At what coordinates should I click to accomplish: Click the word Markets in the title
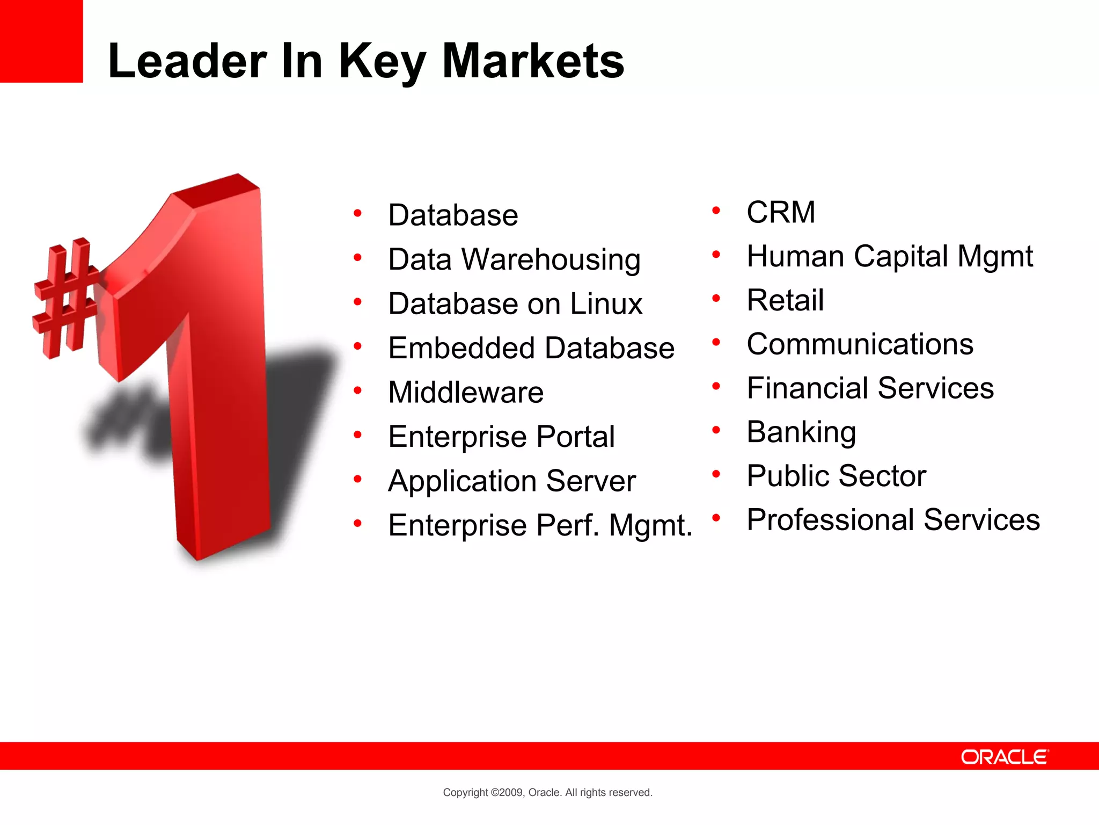pyautogui.click(x=533, y=61)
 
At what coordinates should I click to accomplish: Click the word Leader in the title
pyautogui.click(x=187, y=61)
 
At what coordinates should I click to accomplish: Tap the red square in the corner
pyautogui.click(x=41, y=41)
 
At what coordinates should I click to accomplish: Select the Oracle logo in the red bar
pyautogui.click(x=1004, y=757)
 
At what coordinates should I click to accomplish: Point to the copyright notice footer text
pyautogui.click(x=547, y=792)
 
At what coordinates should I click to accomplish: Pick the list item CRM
pyautogui.click(x=781, y=212)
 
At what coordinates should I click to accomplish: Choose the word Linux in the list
pyautogui.click(x=606, y=304)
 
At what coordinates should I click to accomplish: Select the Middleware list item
pyautogui.click(x=466, y=392)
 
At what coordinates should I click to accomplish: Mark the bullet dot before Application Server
pyautogui.click(x=358, y=479)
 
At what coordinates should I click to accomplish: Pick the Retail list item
pyautogui.click(x=785, y=300)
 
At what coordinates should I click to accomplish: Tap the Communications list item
pyautogui.click(x=860, y=344)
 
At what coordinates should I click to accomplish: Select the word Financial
pyautogui.click(x=808, y=388)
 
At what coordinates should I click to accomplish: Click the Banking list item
pyautogui.click(x=801, y=432)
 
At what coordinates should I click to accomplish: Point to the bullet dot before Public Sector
pyautogui.click(x=716, y=474)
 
